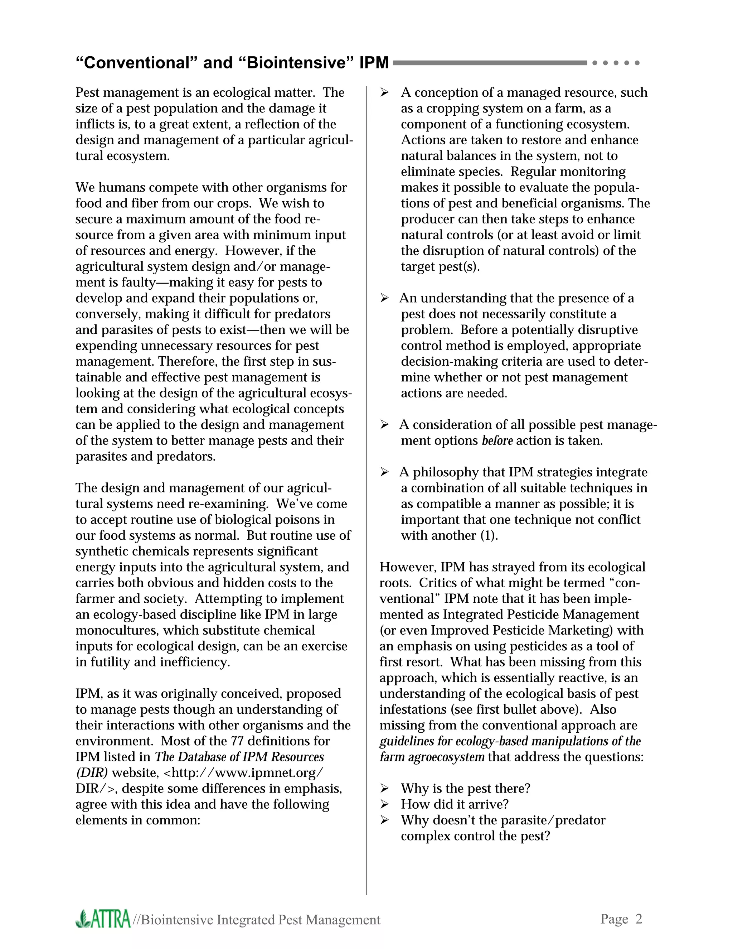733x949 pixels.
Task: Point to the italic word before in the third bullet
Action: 497,440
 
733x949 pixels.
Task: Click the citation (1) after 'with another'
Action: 489,535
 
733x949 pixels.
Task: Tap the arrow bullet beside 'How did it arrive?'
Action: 384,804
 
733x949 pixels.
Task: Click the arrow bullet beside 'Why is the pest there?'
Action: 384,788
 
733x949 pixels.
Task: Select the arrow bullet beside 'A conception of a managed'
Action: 384,92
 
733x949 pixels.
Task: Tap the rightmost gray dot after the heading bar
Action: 637,63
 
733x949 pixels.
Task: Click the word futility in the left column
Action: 110,662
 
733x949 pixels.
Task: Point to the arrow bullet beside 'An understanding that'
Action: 384,298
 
